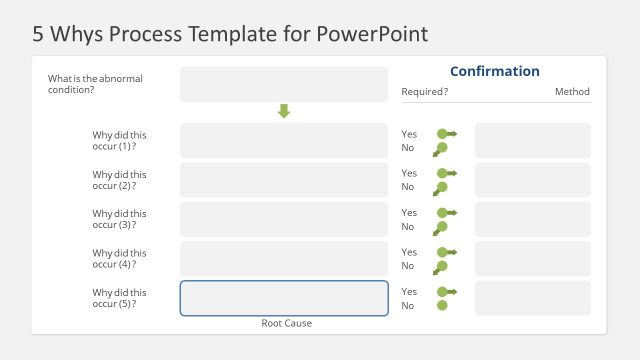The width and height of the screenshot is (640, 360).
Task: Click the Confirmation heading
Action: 494,71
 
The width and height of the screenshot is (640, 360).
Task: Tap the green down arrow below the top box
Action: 284,111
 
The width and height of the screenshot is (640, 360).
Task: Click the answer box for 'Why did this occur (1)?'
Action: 284,140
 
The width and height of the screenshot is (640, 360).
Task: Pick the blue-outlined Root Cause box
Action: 284,298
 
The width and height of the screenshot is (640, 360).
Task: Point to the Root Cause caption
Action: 286,323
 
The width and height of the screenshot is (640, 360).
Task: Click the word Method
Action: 573,92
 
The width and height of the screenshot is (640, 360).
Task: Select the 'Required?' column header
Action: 424,92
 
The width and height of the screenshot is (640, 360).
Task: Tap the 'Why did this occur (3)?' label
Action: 119,219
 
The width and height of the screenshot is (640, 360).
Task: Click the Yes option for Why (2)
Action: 409,173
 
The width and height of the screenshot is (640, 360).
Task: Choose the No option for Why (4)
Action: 408,266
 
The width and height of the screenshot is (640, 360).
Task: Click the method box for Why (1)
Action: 533,140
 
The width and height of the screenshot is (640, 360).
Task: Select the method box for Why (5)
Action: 533,298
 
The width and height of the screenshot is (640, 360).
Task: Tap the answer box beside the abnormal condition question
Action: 284,84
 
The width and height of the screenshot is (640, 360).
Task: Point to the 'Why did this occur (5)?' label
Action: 119,297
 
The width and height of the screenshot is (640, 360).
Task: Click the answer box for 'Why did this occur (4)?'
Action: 284,259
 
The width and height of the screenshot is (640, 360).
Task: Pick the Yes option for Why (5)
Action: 409,291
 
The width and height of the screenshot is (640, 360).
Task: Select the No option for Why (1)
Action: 408,148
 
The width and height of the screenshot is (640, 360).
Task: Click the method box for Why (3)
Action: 533,219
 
